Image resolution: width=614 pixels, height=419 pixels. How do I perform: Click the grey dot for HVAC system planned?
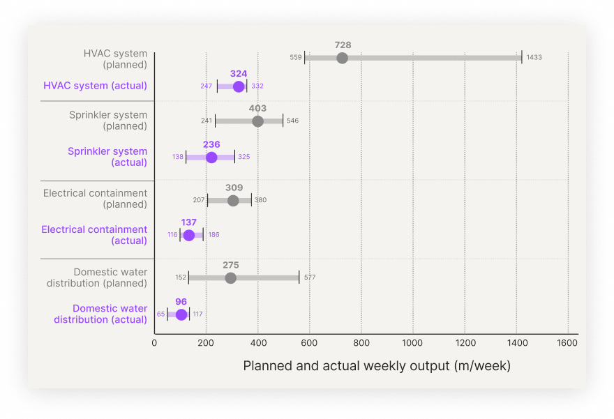[x=342, y=58]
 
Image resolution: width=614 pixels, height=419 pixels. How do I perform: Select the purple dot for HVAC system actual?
[x=239, y=86]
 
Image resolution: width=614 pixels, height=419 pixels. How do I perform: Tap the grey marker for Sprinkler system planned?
[x=257, y=121]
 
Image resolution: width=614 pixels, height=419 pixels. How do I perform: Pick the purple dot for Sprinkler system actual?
[x=211, y=158]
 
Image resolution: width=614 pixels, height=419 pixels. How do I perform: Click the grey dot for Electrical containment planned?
[x=233, y=201]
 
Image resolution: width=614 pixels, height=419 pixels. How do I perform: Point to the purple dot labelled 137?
[x=188, y=235]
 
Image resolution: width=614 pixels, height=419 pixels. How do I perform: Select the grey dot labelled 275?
[x=230, y=278]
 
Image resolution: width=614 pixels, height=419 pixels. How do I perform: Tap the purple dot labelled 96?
[x=181, y=314]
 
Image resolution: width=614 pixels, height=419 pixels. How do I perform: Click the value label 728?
[x=343, y=45]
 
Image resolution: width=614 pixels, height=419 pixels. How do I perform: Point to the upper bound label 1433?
[x=534, y=57]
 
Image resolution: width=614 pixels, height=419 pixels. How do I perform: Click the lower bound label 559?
[x=296, y=57]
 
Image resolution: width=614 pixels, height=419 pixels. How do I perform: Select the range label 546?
[x=292, y=121]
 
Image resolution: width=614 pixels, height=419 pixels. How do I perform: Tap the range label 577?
[x=310, y=277]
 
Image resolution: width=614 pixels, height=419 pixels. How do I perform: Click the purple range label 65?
[x=160, y=314]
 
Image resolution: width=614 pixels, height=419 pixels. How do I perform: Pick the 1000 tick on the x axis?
[x=413, y=343]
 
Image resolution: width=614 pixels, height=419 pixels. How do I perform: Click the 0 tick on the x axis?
[x=154, y=343]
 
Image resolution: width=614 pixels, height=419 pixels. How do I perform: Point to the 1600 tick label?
[x=568, y=343]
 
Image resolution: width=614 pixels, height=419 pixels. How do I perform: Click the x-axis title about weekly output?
[x=377, y=366]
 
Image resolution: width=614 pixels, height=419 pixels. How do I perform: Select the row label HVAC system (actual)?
[x=95, y=86]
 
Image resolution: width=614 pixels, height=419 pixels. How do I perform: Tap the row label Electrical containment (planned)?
[x=95, y=199]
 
